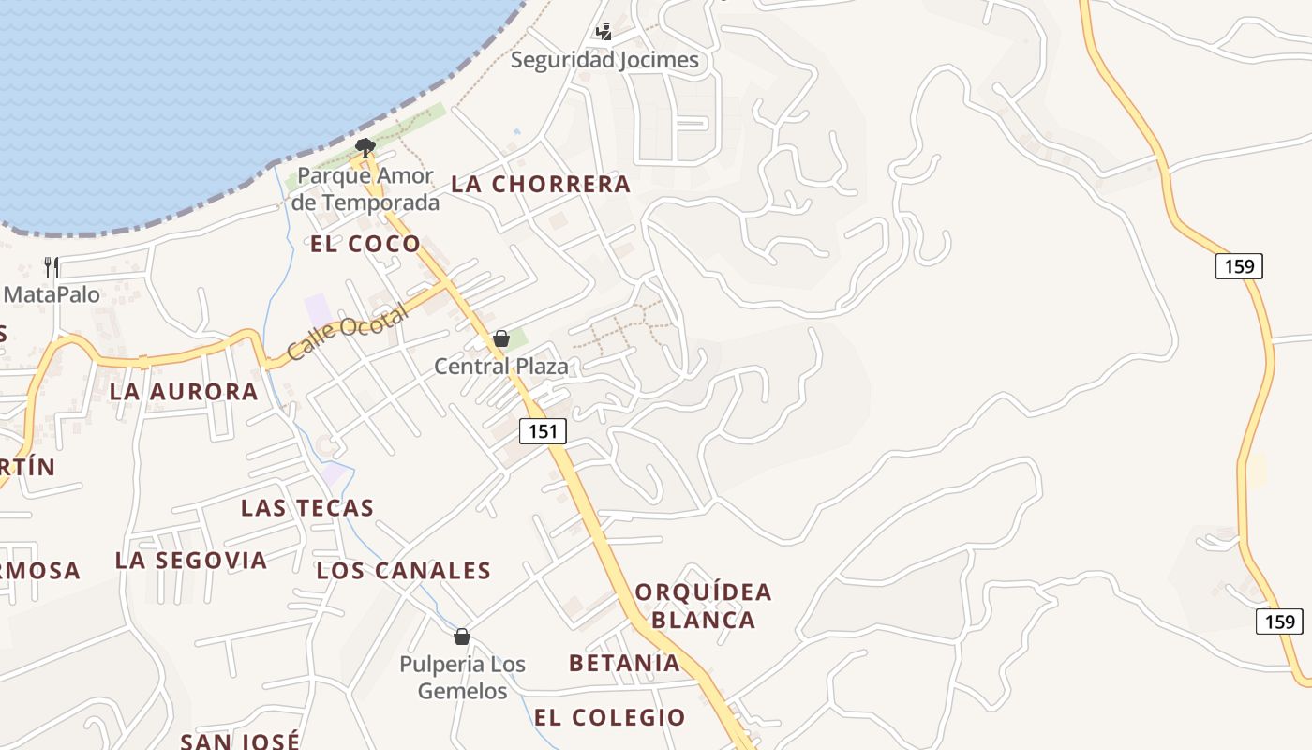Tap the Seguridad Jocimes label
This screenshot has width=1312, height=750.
pyautogui.click(x=604, y=60)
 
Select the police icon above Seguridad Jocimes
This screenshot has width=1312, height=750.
pyautogui.click(x=604, y=32)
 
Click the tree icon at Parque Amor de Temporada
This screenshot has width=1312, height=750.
pyautogui.click(x=365, y=146)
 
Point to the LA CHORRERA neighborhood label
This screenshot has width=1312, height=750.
pyautogui.click(x=541, y=185)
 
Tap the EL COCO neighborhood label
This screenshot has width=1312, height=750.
pyautogui.click(x=365, y=244)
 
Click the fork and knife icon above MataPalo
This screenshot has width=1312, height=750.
pyautogui.click(x=52, y=266)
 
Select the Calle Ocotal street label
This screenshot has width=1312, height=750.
pyautogui.click(x=348, y=333)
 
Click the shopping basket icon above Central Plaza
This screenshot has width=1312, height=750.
pyautogui.click(x=501, y=338)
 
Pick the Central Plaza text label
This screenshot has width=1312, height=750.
pyautogui.click(x=501, y=367)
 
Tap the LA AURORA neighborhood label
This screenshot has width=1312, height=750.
pyautogui.click(x=184, y=392)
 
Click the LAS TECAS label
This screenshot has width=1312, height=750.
pyautogui.click(x=307, y=508)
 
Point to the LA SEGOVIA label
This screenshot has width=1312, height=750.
pyautogui.click(x=191, y=561)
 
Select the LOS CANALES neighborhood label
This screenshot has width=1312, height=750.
pyautogui.click(x=404, y=571)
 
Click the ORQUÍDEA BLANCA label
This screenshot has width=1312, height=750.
pyautogui.click(x=703, y=606)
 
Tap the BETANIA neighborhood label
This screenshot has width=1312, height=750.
pyautogui.click(x=624, y=664)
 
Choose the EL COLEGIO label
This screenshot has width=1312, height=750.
pyautogui.click(x=610, y=718)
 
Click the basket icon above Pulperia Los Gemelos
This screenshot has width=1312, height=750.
pyautogui.click(x=461, y=637)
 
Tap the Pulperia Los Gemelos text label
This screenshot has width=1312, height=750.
pyautogui.click(x=462, y=678)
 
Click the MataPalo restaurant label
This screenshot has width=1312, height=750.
pyautogui.click(x=52, y=294)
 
